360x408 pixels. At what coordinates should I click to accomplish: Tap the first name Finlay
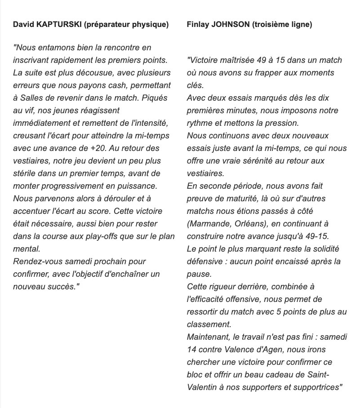click(x=198, y=25)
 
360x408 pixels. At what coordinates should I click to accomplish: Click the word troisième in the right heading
click(x=276, y=25)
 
